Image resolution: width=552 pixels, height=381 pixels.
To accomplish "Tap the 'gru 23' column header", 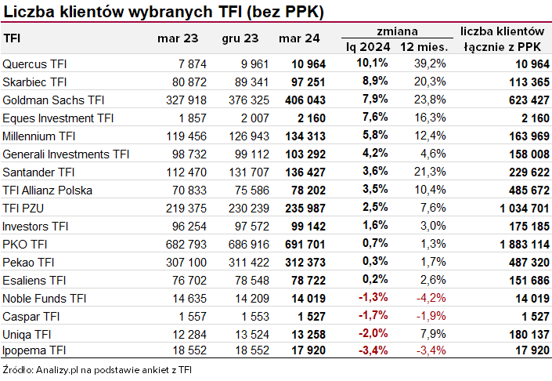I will coord(238,38).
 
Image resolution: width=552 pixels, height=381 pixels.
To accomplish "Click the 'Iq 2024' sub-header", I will coord(367,47).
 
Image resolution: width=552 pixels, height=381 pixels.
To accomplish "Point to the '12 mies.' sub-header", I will coord(423,47).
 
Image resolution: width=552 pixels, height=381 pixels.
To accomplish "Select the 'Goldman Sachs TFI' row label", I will coord(53,100).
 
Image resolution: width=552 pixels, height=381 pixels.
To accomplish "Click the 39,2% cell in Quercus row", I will coord(430,63).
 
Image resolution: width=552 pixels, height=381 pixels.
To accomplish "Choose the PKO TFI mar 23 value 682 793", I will coord(183,245).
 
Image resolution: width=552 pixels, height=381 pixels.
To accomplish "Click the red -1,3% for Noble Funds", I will coord(373,299).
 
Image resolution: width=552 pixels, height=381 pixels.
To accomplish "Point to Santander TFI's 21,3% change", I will coord(430,172).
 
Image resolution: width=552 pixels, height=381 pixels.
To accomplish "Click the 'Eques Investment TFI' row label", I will coord(59,118).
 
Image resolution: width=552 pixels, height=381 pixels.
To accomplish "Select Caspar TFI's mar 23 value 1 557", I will coord(191,317).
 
